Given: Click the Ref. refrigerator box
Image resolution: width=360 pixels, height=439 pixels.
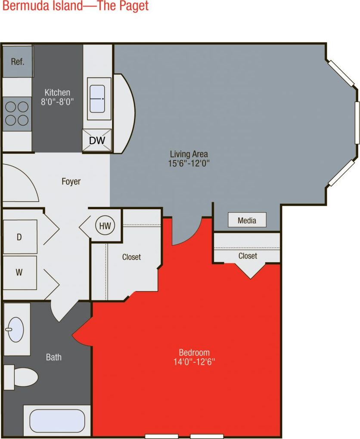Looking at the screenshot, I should pos(18,62).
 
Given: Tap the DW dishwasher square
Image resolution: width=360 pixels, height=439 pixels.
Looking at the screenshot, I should pos(97,140).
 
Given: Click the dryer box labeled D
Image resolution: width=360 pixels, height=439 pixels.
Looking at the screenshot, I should pos(19,237).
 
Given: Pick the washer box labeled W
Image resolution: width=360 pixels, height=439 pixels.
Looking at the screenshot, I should pos(19,272).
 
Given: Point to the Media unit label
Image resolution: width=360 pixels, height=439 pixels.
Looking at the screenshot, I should pos(247,220).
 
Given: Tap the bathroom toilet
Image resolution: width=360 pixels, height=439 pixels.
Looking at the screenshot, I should pos(22,377).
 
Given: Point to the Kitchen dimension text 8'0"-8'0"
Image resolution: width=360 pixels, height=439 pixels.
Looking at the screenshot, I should pos(57,102).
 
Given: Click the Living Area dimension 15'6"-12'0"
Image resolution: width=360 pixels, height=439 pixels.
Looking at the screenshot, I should pos(189,163).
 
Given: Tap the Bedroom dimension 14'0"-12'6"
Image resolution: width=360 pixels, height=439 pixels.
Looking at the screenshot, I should pos(194,362).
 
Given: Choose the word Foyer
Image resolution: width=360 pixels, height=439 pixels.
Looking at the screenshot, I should pos(71,182).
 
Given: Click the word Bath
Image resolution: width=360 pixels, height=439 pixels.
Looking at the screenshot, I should pos(54,357).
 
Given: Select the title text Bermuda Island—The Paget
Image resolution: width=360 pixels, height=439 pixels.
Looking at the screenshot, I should pos(74,6).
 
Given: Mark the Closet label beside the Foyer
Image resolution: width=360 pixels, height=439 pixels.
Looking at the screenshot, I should pos(131,257).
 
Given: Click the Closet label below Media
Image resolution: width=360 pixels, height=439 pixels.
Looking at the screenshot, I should pos(248,256).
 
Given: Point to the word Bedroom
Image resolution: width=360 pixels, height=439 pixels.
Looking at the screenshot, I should pos(194,352).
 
